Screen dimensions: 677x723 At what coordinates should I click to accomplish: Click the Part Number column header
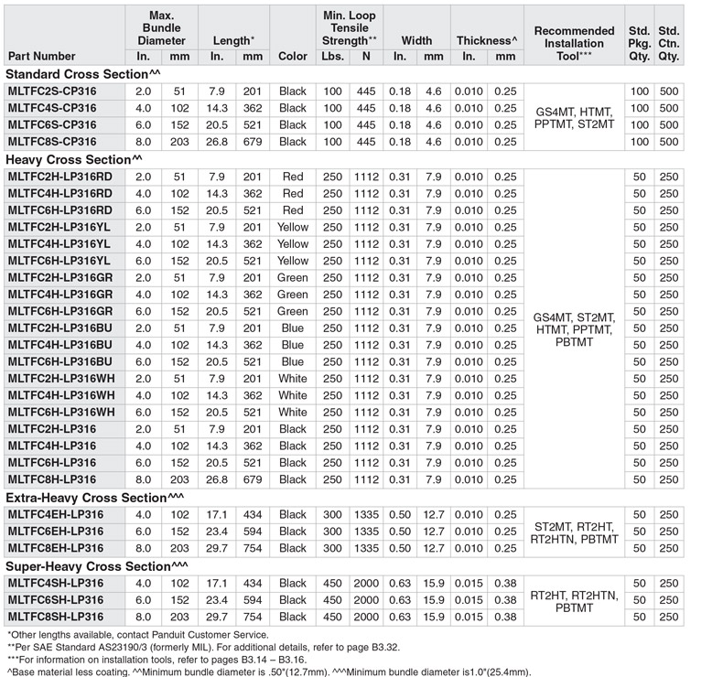coord(41,56)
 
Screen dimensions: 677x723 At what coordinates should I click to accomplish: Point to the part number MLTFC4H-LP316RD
coord(59,193)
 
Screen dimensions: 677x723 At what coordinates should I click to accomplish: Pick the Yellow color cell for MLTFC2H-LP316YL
coord(293,227)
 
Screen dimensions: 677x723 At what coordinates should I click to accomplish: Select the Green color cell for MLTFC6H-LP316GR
coord(293,311)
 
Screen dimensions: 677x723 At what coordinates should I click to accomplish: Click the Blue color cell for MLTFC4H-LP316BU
coord(293,345)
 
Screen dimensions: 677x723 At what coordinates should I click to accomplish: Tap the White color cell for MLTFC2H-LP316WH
coord(293,379)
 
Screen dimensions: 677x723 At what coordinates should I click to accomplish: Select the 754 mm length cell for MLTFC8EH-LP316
coord(252,548)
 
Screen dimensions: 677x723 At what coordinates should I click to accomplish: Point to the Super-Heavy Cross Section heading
coord(95,565)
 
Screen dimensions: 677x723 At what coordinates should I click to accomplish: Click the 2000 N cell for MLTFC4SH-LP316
coord(365,583)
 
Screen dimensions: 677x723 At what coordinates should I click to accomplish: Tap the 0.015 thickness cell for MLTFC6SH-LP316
coord(469,599)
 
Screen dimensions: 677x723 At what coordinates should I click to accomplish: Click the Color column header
coord(293,56)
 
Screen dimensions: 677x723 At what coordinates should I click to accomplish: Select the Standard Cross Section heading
coord(83,74)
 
